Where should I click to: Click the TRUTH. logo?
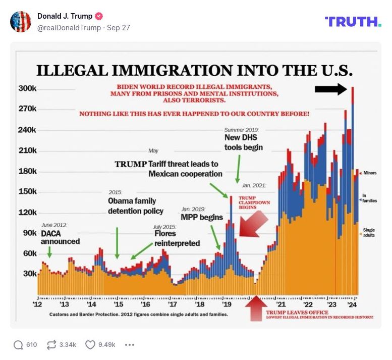click(x=353, y=21)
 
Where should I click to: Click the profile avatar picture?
click(x=21, y=21)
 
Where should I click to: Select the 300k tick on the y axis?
click(x=27, y=88)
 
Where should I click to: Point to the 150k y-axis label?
click(x=27, y=192)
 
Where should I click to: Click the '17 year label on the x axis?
click(x=172, y=305)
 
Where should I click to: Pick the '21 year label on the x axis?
click(x=281, y=305)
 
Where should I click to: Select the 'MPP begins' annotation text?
click(x=202, y=218)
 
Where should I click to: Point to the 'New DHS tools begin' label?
click(x=244, y=142)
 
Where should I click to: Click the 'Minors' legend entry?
click(x=369, y=173)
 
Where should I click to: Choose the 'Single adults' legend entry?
click(x=369, y=233)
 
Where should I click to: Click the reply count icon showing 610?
click(x=19, y=345)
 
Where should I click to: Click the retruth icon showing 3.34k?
click(x=51, y=345)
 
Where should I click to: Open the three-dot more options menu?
click(x=130, y=345)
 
